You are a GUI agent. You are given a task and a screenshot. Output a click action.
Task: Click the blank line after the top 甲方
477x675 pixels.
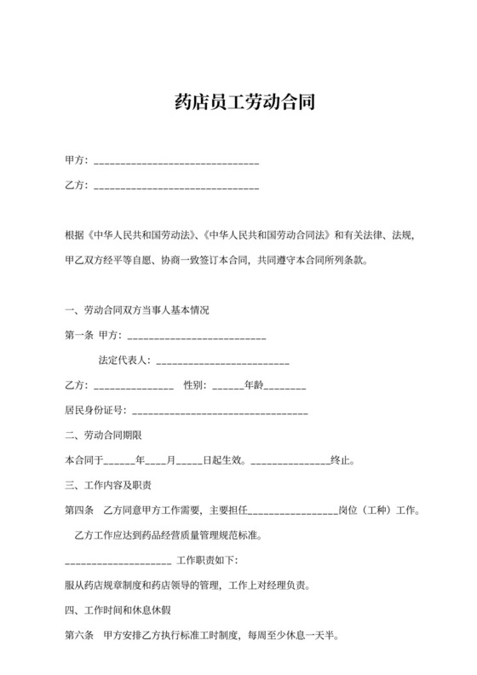(176, 162)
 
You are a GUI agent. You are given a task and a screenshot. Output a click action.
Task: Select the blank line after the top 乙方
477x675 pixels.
(176, 186)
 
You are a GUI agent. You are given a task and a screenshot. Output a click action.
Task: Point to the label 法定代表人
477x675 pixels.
(124, 361)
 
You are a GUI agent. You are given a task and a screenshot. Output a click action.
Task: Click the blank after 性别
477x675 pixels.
(227, 386)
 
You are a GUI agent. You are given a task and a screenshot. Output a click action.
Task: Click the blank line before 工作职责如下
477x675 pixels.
(118, 562)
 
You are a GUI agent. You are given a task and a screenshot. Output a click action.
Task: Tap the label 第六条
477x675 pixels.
(79, 636)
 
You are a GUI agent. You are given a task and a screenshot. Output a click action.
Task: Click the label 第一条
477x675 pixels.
(79, 336)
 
